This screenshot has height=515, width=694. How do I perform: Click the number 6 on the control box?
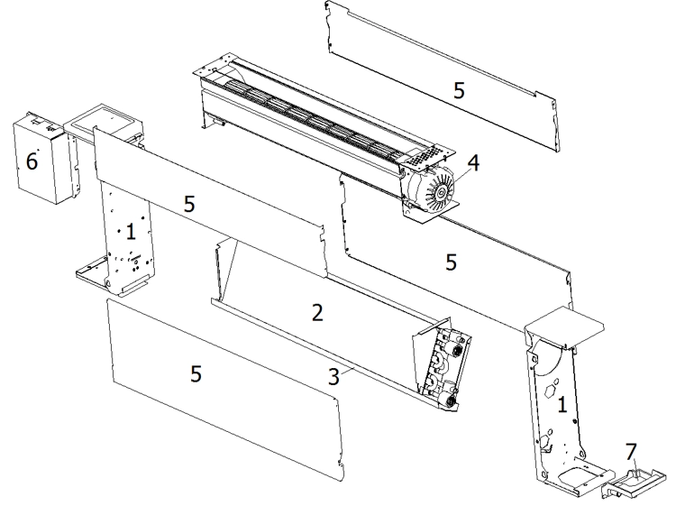point(32,161)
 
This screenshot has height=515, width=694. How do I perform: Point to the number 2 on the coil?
point(316,313)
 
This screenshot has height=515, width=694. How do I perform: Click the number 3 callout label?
point(333,377)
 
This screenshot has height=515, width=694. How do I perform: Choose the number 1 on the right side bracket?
point(562,407)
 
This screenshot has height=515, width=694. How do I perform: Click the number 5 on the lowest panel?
point(196,373)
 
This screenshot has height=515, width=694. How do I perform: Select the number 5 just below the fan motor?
point(452,262)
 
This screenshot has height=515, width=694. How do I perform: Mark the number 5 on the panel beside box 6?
point(189,205)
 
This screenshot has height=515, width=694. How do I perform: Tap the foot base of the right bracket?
point(568,478)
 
